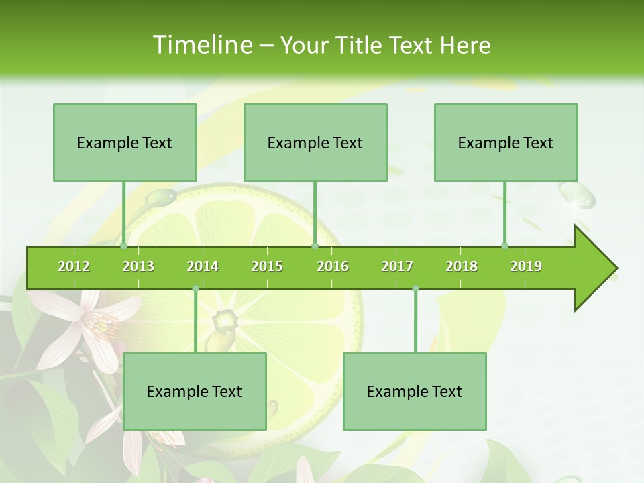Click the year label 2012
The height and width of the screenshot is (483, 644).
point(74,266)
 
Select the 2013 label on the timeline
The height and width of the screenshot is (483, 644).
point(138,266)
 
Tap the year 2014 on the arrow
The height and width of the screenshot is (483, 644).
point(203,266)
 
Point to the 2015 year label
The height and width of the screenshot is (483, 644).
point(267,266)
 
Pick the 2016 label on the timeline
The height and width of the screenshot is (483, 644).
point(333,266)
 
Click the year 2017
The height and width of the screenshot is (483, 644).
point(397,266)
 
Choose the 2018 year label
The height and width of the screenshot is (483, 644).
point(462,266)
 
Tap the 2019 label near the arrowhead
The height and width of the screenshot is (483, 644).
point(526,266)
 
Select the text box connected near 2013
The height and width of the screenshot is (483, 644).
point(125,142)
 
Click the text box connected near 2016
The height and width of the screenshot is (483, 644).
point(315,142)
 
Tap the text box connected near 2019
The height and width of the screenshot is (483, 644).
point(506,142)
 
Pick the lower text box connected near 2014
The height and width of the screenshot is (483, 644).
point(195,391)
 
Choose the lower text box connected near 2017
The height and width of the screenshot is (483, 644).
point(415,391)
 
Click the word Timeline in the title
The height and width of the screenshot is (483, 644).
point(201,45)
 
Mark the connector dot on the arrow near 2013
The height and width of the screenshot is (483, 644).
point(124,246)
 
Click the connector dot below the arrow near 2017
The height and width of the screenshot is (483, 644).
point(415,288)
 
